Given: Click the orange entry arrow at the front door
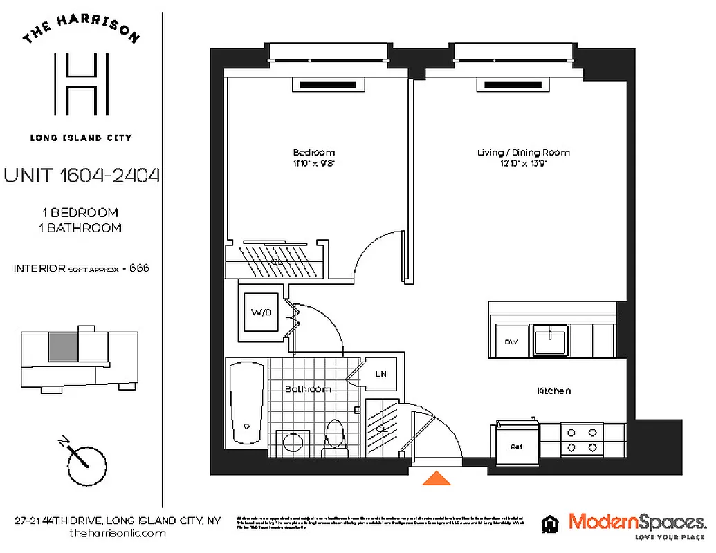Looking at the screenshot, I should pos(437,478).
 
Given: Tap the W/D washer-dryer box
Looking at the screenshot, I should pos(261,313).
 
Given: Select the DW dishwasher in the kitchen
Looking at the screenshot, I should pos(511,342).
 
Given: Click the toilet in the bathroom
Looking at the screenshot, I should pos(336,435).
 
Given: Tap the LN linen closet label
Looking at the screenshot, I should pos(380,374).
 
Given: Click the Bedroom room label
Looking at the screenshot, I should pos(313,152).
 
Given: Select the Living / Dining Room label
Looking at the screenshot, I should pos(524,152).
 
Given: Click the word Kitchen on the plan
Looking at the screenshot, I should pos(553,391).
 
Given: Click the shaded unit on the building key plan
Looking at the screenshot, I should pos(63,346).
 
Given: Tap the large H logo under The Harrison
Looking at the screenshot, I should pos(82,85).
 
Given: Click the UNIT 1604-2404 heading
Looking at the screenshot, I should pos(82,176).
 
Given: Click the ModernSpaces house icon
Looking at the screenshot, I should pos(551,523).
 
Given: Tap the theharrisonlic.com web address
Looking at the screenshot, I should pos(118,534).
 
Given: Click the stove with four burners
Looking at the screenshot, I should pos(581,440).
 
